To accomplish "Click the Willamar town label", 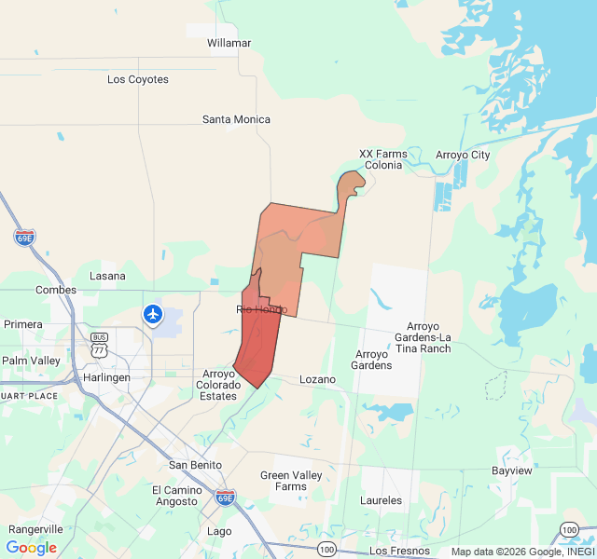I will (229, 43).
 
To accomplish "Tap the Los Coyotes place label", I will (138, 79).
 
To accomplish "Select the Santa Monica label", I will (236, 119).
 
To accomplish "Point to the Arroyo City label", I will (463, 155).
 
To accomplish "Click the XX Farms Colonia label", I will (383, 159).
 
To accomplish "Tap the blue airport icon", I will (153, 315).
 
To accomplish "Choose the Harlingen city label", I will (106, 377).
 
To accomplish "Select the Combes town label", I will (56, 290).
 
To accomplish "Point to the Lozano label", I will (316, 379).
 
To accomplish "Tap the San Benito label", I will (195, 465).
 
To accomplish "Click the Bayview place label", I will (512, 470).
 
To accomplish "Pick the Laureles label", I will (381, 500).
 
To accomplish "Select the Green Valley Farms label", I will (290, 481).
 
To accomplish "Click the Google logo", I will (31, 548).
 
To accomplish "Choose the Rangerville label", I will (36, 529).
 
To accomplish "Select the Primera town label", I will (23, 324).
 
